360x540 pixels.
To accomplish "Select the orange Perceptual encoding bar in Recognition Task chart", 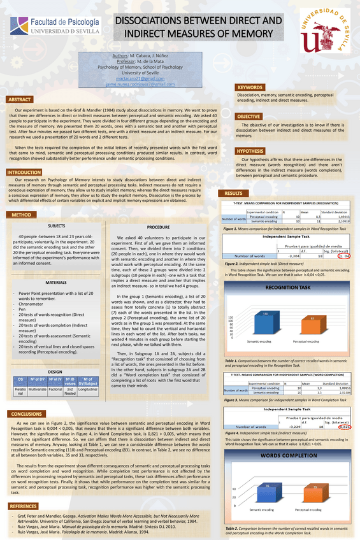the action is [312, 325].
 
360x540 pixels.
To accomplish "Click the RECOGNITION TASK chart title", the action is [288, 288].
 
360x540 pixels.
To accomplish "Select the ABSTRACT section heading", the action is [20, 100].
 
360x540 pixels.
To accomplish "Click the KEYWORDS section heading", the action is [250, 87].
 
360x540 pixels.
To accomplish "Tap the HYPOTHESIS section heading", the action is [250, 151].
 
